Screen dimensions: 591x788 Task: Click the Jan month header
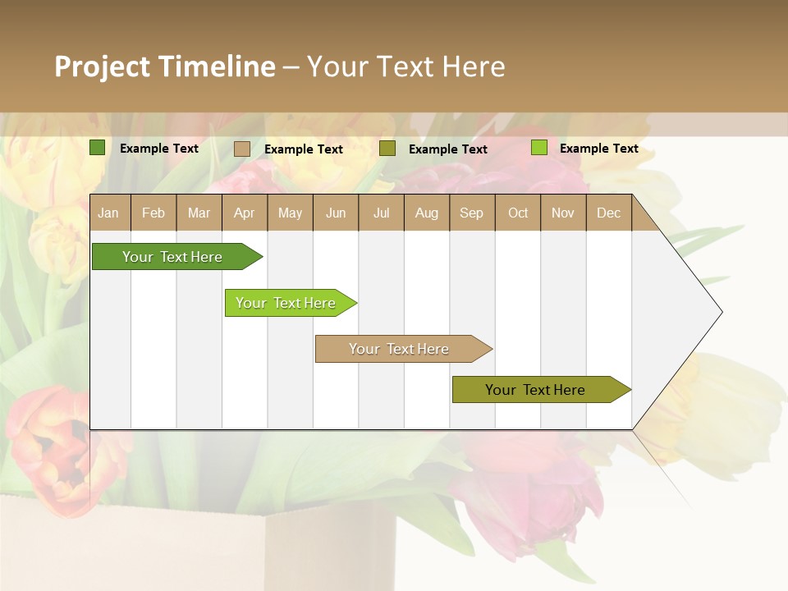109,213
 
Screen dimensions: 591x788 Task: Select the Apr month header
244,213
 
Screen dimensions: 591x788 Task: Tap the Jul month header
381,213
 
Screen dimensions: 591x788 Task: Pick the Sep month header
471,213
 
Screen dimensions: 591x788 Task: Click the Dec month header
608,213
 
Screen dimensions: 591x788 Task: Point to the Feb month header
153,213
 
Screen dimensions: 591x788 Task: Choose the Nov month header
562,213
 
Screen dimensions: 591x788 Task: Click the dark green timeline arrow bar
172,257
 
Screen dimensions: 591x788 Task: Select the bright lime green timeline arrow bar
286,303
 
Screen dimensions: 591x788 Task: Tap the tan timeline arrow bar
399,349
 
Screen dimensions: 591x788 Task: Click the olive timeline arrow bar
535,390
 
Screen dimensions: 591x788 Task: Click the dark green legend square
97,148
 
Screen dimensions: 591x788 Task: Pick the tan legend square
241,149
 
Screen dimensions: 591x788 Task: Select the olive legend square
387,149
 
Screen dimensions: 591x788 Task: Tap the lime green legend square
538,148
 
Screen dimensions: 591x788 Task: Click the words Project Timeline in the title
164,66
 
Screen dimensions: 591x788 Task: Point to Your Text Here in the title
405,66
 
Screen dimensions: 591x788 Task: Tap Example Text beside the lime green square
598,149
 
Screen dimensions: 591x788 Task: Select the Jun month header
336,213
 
